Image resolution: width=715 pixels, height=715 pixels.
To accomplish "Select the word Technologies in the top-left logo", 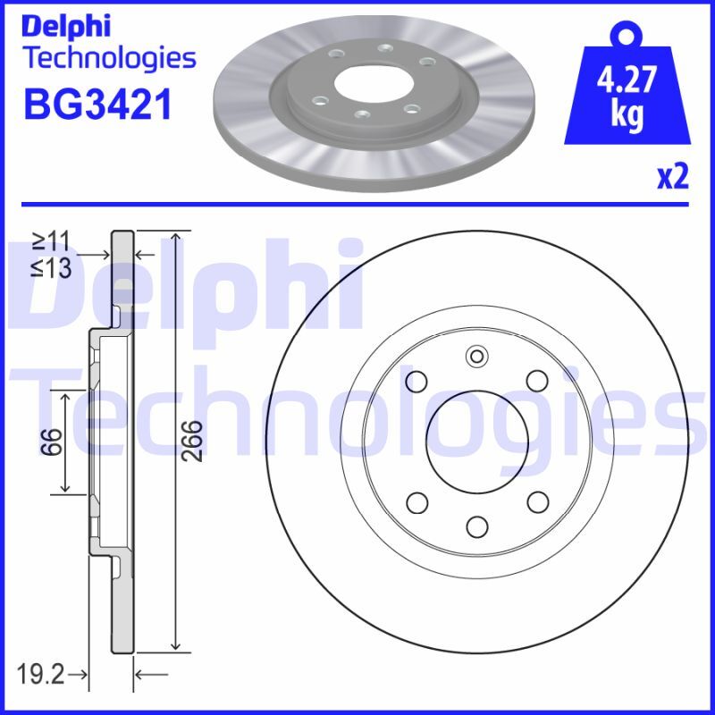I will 108,59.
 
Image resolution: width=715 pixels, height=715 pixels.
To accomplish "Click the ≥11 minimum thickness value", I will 53,241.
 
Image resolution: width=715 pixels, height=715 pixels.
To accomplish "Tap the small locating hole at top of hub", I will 476,358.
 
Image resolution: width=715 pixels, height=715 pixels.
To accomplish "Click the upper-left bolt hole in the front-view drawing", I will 416,383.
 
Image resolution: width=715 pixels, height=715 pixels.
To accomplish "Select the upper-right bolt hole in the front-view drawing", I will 536,382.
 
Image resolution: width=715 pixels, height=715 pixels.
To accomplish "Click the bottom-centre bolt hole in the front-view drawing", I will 476,526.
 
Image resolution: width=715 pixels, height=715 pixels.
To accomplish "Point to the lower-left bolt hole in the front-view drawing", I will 416,502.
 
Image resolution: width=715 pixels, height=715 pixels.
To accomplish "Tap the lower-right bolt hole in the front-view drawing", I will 536,502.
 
